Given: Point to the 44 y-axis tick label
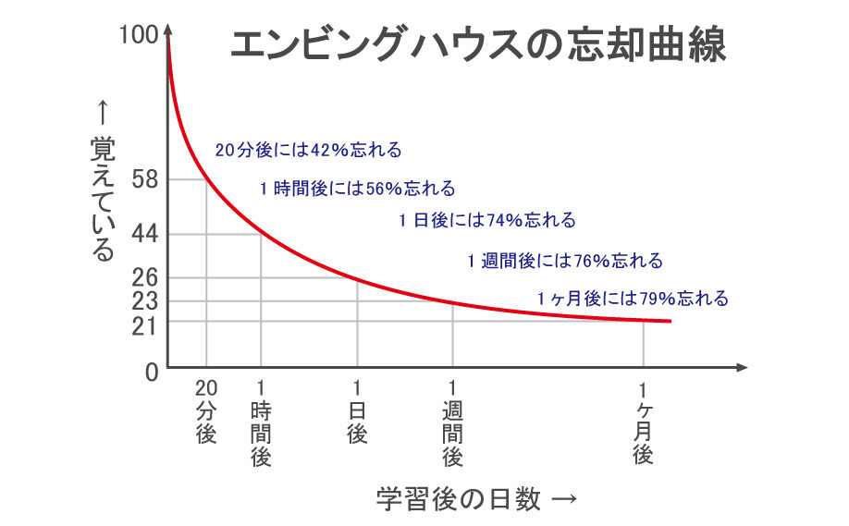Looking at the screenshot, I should click(x=146, y=234).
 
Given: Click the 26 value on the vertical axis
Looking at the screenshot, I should click(x=146, y=277).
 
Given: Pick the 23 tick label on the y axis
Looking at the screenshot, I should click(x=146, y=300).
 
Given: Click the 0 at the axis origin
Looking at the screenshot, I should click(x=152, y=372).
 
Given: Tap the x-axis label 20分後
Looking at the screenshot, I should click(x=205, y=410).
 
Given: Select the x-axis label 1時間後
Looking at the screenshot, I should click(x=261, y=422).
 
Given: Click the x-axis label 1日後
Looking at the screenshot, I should click(x=357, y=410).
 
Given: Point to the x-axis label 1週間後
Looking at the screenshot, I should click(x=452, y=422).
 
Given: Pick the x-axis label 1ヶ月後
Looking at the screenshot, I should click(x=644, y=426).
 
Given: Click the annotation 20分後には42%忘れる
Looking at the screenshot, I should click(x=308, y=150).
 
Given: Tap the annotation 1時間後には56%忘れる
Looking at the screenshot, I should click(x=357, y=189).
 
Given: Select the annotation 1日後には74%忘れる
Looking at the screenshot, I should click(x=487, y=220).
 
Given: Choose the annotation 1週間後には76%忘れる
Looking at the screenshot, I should click(x=565, y=261).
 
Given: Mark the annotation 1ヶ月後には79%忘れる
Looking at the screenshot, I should click(x=633, y=299).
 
